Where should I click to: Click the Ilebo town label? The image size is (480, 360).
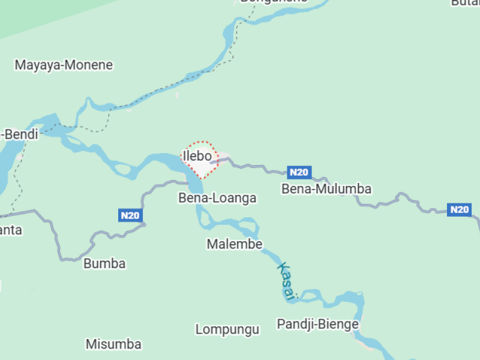tap(197, 156)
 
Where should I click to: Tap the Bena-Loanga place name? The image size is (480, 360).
tap(217, 198)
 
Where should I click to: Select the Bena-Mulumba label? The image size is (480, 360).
tap(326, 189)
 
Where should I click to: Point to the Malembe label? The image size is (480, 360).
tap(235, 244)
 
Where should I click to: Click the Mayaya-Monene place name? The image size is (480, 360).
tap(64, 65)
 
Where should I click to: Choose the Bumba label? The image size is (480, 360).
tap(104, 263)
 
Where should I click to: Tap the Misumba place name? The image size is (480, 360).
tap(113, 344)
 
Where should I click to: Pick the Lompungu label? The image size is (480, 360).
tap(227, 329)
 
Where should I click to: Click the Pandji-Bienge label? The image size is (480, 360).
tap(317, 324)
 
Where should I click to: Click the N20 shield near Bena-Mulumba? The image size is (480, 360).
tap(299, 173)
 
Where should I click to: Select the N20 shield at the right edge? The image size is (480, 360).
tap(459, 209)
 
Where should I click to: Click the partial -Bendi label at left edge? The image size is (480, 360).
tap(19, 134)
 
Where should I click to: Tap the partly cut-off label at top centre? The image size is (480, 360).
tap(274, 2)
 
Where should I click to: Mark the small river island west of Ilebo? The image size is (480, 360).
tap(125, 170)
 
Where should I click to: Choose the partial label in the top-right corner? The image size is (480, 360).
tap(466, 2)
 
